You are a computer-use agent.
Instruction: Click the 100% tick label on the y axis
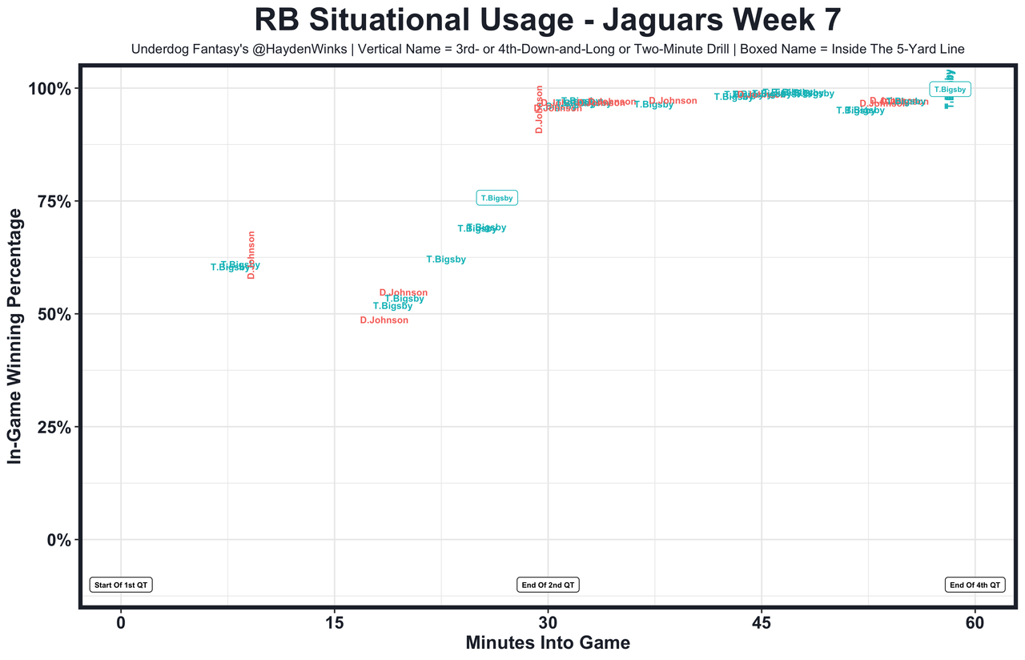(53, 88)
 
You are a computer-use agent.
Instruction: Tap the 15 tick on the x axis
(335, 622)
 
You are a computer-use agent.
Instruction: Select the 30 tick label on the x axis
(548, 622)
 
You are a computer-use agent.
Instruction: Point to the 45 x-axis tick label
(762, 622)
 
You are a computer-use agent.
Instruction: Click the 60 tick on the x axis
(975, 622)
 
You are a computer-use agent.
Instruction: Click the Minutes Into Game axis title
(548, 643)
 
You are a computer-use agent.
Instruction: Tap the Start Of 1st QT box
(121, 585)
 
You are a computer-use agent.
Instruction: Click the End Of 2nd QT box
(548, 585)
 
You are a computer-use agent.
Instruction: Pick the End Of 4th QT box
(975, 585)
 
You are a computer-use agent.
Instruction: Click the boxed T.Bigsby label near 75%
(497, 198)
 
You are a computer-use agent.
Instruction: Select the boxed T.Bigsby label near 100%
(950, 90)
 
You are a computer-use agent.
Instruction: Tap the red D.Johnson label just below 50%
(384, 320)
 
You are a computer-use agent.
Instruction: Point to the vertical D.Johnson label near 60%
(251, 255)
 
